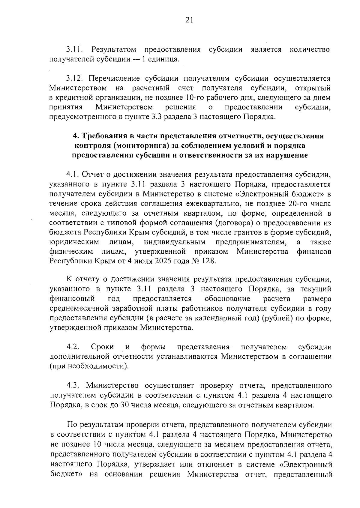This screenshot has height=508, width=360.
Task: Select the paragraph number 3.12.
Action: click(73, 79)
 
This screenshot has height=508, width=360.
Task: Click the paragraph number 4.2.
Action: click(73, 347)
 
